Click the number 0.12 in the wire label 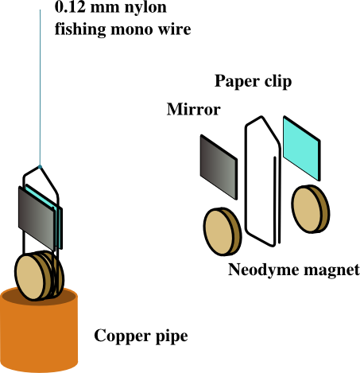point(70,6)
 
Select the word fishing point(80,29)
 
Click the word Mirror point(194,109)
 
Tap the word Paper point(234,81)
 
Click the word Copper point(122,336)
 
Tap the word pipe point(172,336)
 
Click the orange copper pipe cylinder point(39,334)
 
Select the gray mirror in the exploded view point(219,167)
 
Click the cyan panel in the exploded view point(302,148)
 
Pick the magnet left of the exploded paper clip point(223,231)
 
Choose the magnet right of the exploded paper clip point(311,209)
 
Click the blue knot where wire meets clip point(40,167)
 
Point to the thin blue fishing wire point(40,87)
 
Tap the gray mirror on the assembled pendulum point(37,218)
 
